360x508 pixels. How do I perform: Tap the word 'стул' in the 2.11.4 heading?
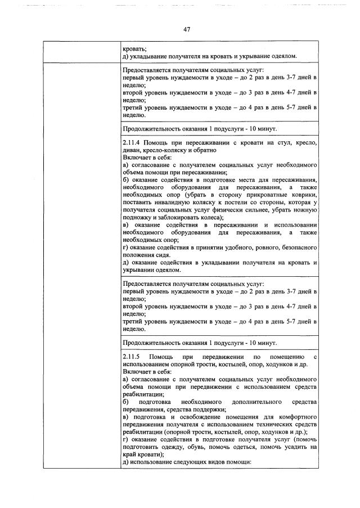click(x=269, y=143)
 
